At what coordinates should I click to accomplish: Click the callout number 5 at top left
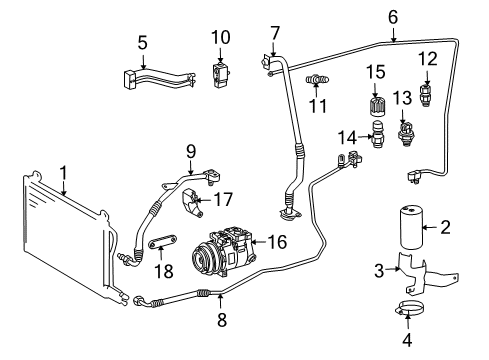click(x=142, y=44)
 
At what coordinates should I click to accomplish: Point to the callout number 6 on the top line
click(x=392, y=16)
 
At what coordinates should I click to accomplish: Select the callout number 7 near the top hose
click(x=274, y=33)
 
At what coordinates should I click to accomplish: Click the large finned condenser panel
click(x=60, y=240)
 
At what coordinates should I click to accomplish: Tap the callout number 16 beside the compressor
click(x=277, y=241)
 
